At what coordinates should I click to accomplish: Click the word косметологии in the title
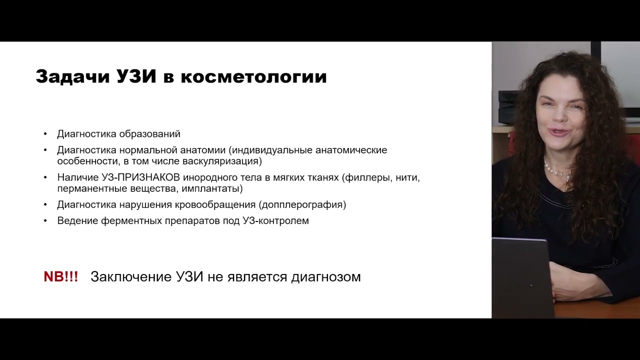pyautogui.click(x=253, y=76)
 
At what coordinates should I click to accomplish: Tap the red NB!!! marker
pyautogui.click(x=61, y=277)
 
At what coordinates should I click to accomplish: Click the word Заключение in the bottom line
pyautogui.click(x=130, y=277)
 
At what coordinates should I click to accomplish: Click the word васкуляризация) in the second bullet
pyautogui.click(x=229, y=161)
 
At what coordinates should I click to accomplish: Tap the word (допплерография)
pyautogui.click(x=302, y=204)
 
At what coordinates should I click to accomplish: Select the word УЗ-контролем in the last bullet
pyautogui.click(x=276, y=220)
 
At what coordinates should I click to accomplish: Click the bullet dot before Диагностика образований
pyautogui.click(x=45, y=134)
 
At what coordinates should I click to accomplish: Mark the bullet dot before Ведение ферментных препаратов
pyautogui.click(x=45, y=220)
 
